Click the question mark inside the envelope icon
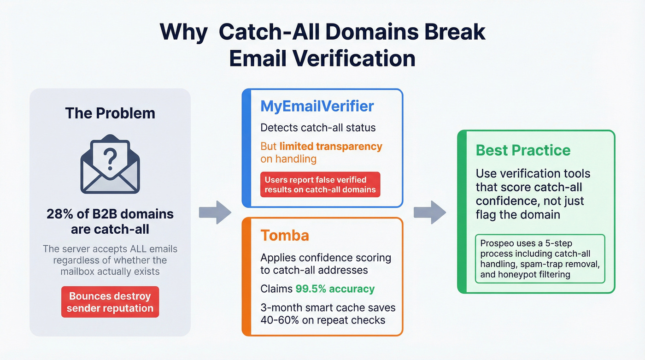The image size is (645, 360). (110, 159)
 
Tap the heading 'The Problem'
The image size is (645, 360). (110, 113)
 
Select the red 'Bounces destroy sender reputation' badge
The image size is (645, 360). (110, 302)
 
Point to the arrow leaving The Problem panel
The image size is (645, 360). (215, 212)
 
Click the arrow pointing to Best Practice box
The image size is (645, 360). (429, 212)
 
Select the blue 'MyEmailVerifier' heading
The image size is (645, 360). (317, 106)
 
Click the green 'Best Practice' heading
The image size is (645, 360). (523, 150)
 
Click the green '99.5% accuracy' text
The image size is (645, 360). (335, 289)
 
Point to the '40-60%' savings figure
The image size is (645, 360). (279, 320)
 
